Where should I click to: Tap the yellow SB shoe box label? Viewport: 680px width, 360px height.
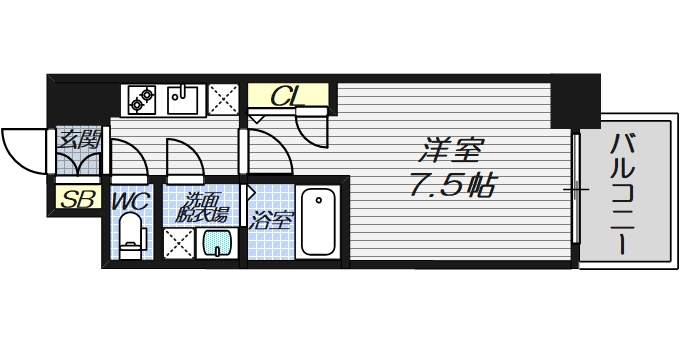(76, 199)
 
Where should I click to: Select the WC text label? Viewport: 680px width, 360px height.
(131, 201)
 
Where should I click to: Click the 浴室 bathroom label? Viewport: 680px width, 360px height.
(271, 220)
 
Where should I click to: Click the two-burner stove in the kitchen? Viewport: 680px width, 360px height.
(141, 98)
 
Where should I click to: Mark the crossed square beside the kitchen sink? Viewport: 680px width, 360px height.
(222, 98)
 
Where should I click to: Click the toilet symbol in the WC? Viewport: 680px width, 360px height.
(131, 240)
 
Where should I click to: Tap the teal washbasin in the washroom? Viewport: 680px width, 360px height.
(217, 242)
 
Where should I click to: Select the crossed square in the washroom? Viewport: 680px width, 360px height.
(178, 243)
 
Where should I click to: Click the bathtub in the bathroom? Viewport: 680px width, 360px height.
(321, 223)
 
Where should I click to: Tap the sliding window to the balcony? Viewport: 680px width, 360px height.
(578, 189)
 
